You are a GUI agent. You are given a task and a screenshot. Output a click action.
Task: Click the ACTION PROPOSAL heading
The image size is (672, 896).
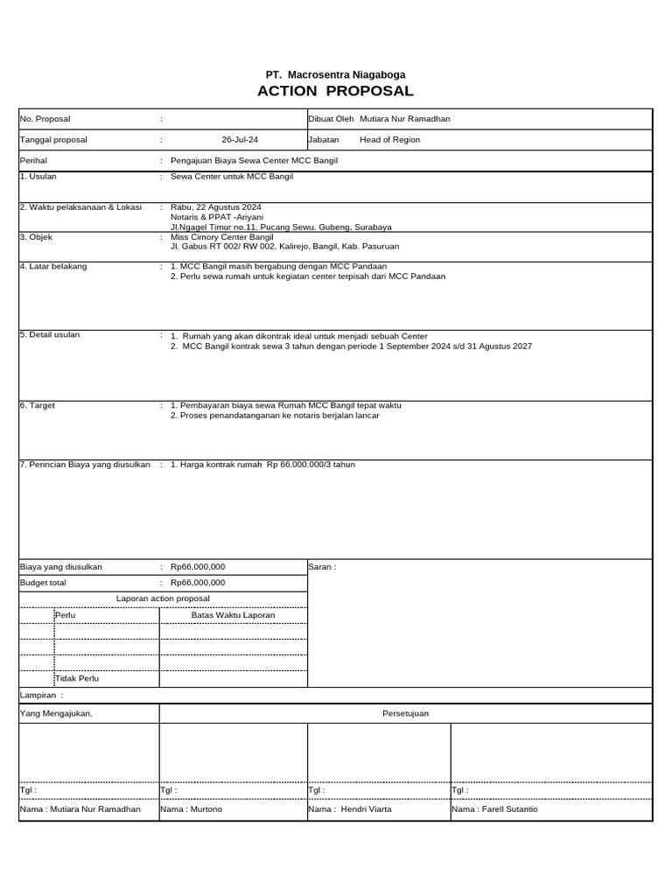pyautogui.click(x=335, y=92)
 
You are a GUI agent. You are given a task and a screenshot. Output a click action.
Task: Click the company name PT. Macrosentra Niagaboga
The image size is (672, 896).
pyautogui.click(x=335, y=75)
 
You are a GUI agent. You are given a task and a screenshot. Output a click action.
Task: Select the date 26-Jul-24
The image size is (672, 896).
pyautogui.click(x=240, y=140)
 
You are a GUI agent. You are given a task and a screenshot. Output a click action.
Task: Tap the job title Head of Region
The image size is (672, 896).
pyautogui.click(x=389, y=140)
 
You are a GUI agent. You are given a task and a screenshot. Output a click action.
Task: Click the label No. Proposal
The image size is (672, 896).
pyautogui.click(x=45, y=119)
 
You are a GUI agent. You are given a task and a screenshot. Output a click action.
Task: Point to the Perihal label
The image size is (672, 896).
pyautogui.click(x=33, y=161)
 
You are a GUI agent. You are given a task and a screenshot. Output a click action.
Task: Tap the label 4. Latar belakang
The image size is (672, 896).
pyautogui.click(x=53, y=266)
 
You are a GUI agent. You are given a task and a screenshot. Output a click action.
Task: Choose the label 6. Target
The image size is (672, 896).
pyautogui.click(x=38, y=406)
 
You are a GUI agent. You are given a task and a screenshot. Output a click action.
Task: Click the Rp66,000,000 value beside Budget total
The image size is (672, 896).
pyautogui.click(x=198, y=583)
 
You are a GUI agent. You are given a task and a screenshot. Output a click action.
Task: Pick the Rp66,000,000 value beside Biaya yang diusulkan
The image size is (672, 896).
pyautogui.click(x=198, y=567)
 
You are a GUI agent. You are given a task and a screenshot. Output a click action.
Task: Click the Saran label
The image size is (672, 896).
pyautogui.click(x=322, y=567)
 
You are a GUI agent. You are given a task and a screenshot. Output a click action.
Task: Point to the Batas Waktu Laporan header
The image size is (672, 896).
pyautogui.click(x=233, y=615)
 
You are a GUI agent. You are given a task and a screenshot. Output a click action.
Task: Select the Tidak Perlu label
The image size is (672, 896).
pyautogui.click(x=77, y=678)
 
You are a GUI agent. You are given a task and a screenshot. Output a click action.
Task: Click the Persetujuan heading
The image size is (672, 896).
pyautogui.click(x=405, y=713)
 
